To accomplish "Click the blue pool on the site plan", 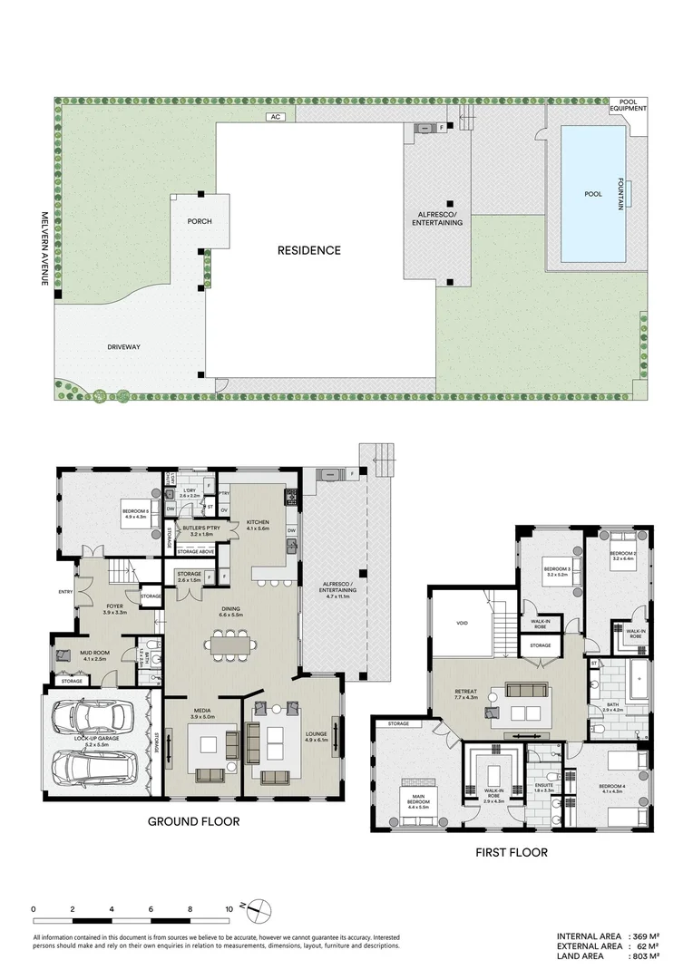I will tap(593, 194).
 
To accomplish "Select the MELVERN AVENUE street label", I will tap(44, 249).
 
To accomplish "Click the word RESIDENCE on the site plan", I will tap(309, 250).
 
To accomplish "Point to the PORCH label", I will tap(200, 221).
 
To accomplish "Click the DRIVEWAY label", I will tap(122, 346).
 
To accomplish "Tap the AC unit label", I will tap(273, 117).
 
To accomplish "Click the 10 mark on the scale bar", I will tap(229, 907).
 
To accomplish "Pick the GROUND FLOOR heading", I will tap(194, 821).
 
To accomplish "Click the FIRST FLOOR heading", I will tap(512, 853).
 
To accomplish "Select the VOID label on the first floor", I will tap(462, 624).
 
